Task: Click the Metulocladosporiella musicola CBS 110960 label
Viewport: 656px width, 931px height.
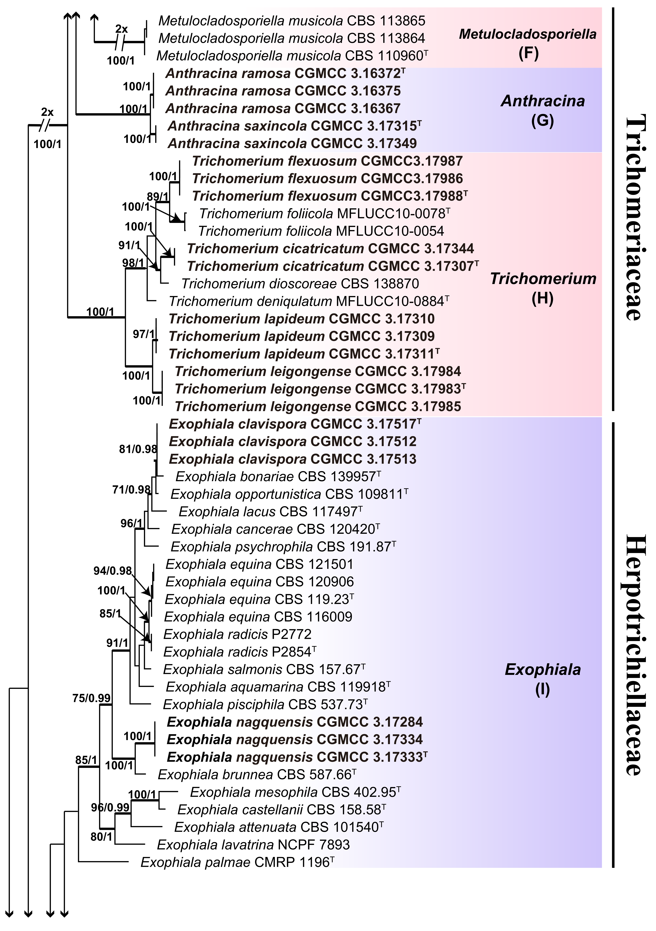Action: [x=292, y=55]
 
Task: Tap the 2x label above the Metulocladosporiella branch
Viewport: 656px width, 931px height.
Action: [x=121, y=29]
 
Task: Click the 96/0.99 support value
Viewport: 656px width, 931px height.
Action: [x=110, y=807]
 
